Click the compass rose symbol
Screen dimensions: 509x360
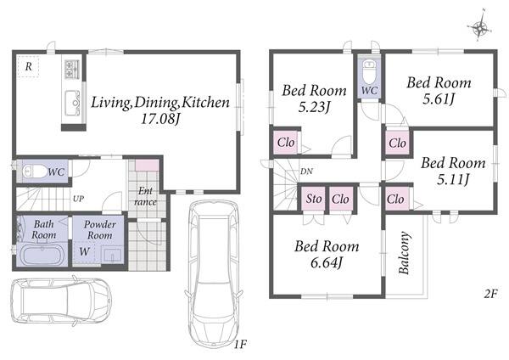(479, 27)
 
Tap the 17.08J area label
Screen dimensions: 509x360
(160, 118)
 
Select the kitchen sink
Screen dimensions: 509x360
(72, 103)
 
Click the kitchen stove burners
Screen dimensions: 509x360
(72, 69)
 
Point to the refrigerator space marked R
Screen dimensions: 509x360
(28, 66)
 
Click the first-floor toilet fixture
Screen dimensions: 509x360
(35, 172)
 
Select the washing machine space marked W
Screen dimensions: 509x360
(84, 251)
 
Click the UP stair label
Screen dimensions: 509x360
(78, 199)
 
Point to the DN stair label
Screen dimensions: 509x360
(306, 172)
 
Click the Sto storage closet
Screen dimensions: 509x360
(314, 199)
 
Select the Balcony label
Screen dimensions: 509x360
(404, 253)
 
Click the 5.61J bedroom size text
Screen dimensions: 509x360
(438, 98)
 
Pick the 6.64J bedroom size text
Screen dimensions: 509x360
(327, 262)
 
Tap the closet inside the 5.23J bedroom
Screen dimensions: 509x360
(286, 143)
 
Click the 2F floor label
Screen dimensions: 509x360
(490, 294)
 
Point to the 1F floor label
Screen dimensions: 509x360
(241, 344)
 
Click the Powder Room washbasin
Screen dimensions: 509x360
(112, 254)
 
